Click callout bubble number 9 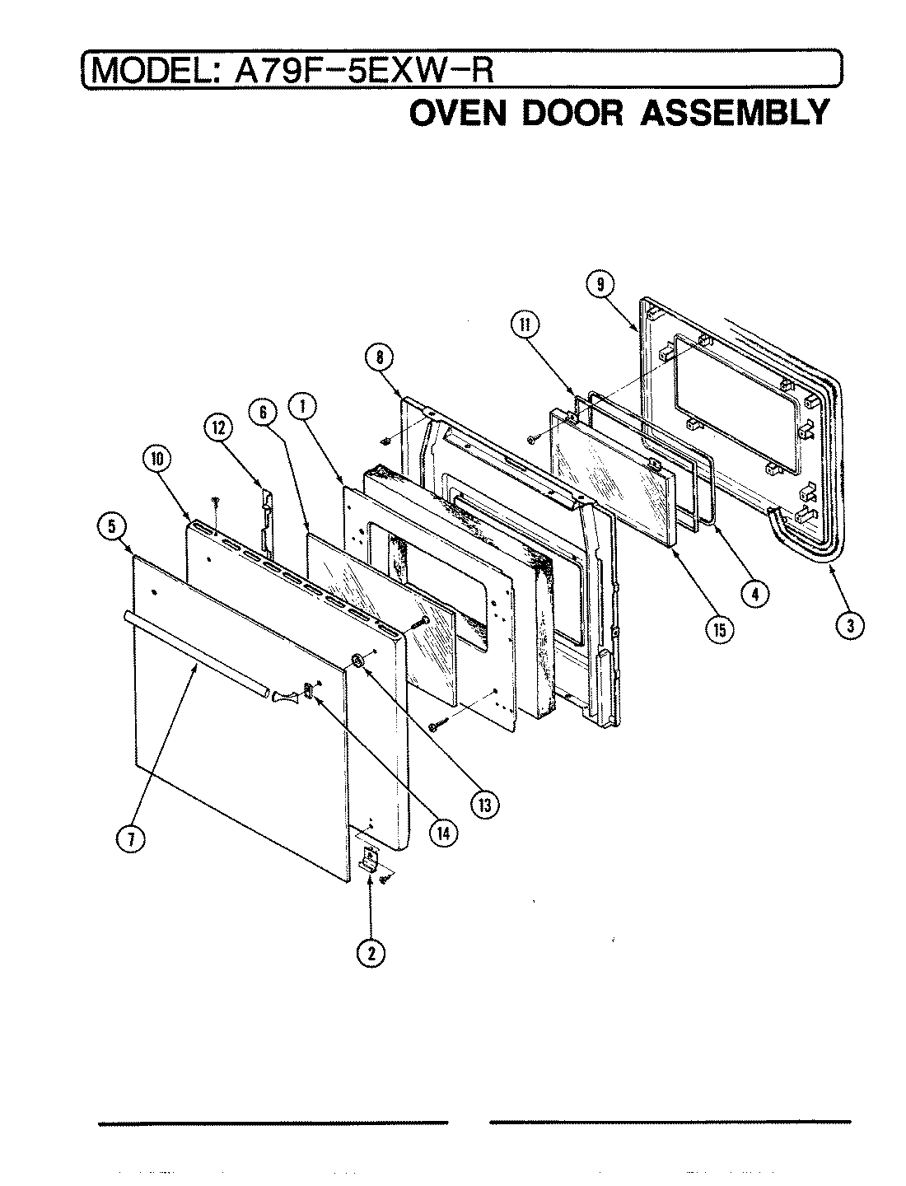click(x=600, y=285)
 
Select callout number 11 click(x=523, y=325)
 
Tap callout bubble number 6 click(x=264, y=413)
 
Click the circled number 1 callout click(x=303, y=406)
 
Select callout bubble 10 click(x=155, y=461)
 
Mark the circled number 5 click(x=111, y=525)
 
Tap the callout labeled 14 click(x=443, y=832)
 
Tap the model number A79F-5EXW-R click(x=365, y=69)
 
